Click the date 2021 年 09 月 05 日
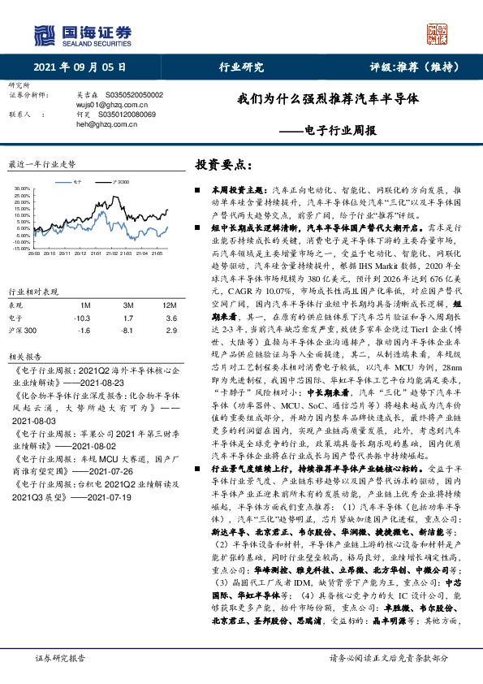coord(80,67)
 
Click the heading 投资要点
coord(218,164)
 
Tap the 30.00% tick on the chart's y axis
coord(22,189)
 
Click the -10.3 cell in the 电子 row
coord(81,318)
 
